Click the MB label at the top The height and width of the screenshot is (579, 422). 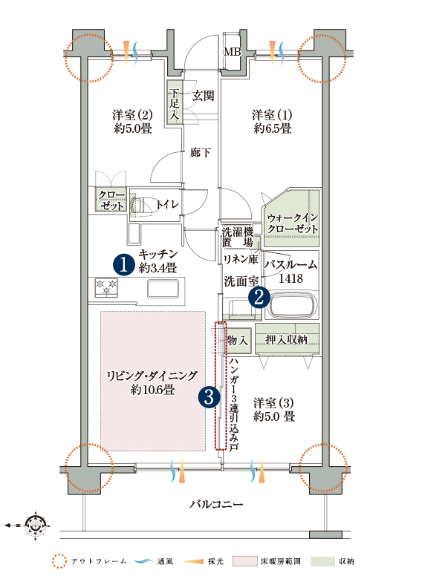tap(233, 52)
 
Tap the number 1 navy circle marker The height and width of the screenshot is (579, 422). tap(124, 264)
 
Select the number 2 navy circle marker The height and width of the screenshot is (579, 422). tap(259, 297)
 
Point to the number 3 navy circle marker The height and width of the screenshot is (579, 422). tap(210, 397)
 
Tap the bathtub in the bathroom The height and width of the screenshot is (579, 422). tap(293, 306)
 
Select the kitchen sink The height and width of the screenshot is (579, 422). tap(163, 288)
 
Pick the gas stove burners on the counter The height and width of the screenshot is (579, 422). tap(106, 288)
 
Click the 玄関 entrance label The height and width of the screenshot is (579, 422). tap(203, 96)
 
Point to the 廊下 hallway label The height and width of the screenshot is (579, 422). tap(201, 152)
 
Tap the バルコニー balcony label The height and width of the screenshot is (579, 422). tap(216, 504)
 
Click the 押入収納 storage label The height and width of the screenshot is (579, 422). tap(287, 339)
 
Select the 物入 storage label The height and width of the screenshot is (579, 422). tap(238, 340)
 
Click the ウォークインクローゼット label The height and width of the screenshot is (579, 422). tap(293, 223)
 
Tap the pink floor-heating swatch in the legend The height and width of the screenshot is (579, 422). tap(245, 561)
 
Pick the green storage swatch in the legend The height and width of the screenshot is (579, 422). tap(322, 561)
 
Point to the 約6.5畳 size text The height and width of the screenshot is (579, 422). tap(273, 128)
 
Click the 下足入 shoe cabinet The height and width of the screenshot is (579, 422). tap(175, 102)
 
